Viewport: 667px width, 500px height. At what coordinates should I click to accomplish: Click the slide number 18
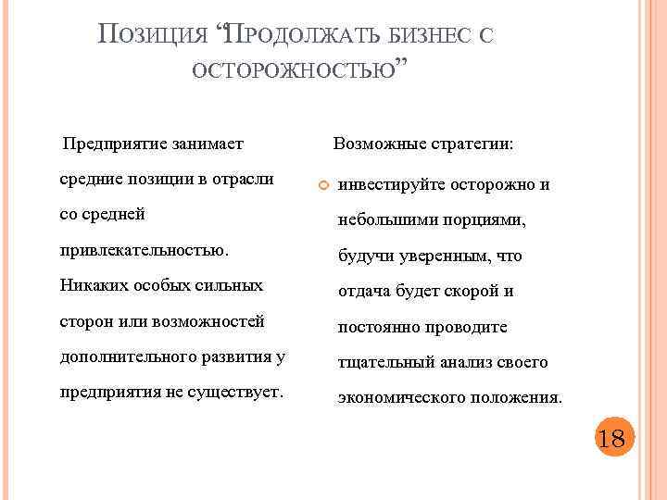pyautogui.click(x=611, y=438)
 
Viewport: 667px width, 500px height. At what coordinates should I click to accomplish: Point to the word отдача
pyautogui.click(x=364, y=291)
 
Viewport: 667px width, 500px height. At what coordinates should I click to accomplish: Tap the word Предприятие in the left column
pyautogui.click(x=107, y=144)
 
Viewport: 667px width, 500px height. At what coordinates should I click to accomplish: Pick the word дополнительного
pyautogui.click(x=125, y=356)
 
